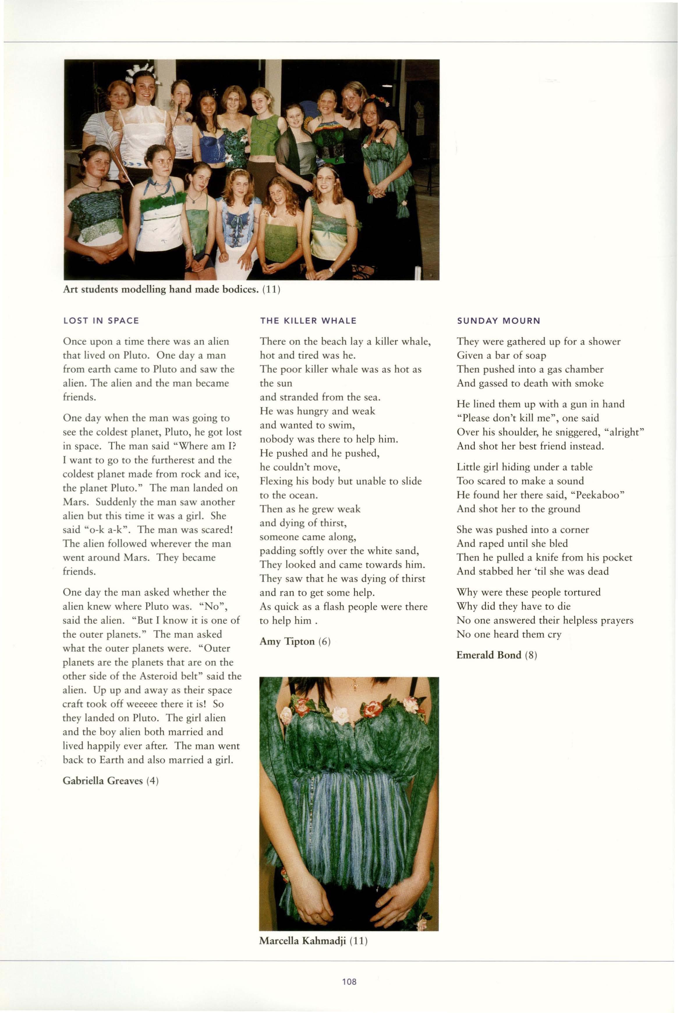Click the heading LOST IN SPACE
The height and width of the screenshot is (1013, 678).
pos(101,321)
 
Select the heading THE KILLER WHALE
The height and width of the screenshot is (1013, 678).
pos(308,321)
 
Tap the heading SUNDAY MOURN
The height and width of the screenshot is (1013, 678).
pos(499,321)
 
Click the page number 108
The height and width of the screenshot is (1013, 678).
pos(349,982)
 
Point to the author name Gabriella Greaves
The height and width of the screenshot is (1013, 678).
pos(102,781)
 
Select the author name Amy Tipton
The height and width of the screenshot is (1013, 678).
pos(287,641)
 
